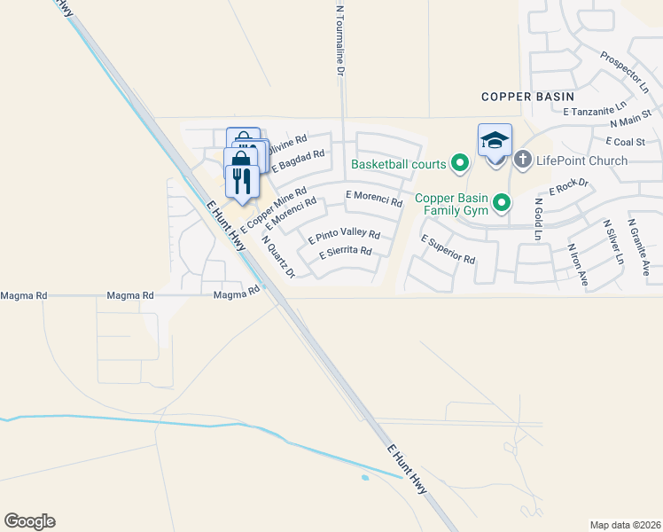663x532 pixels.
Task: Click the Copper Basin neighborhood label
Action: pos(527,96)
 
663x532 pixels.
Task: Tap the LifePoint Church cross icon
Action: pos(523,160)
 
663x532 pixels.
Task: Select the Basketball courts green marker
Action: pos(459,163)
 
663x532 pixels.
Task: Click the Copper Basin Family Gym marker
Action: pos(502,204)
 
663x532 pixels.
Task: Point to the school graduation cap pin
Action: pos(495,140)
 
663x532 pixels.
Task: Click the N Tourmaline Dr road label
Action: pos(339,40)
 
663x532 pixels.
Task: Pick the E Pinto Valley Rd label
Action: pos(344,237)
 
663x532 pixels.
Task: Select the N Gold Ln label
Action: pos(537,219)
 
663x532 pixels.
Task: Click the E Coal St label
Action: pos(625,141)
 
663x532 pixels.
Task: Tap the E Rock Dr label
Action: pos(569,186)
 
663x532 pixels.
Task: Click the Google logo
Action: pos(29,521)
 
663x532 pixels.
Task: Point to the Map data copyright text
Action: pos(625,525)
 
